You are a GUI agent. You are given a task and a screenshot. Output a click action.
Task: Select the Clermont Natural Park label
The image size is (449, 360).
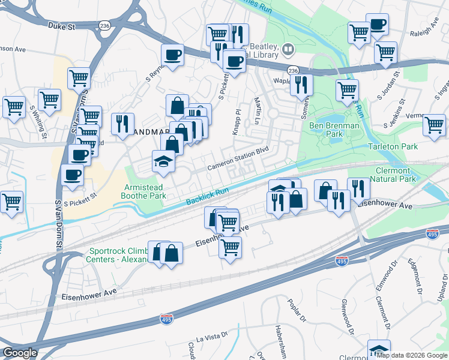(x=393, y=174)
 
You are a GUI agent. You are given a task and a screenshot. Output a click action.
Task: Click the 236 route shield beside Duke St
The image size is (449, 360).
(x=104, y=26)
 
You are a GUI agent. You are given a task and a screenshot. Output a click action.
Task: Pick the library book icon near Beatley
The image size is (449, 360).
(x=289, y=49)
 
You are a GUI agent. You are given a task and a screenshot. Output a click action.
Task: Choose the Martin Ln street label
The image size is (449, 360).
(x=257, y=109)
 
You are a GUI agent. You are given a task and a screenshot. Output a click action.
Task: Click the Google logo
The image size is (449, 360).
(x=19, y=353)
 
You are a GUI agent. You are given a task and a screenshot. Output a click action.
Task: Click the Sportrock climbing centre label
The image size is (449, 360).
(x=120, y=256)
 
